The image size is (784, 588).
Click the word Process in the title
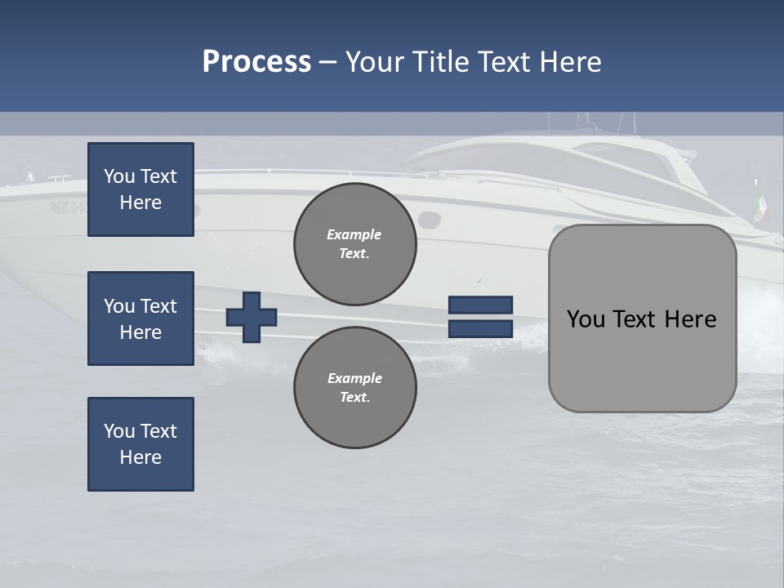pyautogui.click(x=256, y=62)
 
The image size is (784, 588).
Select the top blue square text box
pyautogui.click(x=140, y=189)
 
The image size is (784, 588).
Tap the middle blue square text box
pyautogui.click(x=140, y=318)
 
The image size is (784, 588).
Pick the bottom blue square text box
pyautogui.click(x=140, y=444)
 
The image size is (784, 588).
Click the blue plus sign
pyautogui.click(x=252, y=317)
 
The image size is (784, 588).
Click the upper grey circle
pyautogui.click(x=354, y=243)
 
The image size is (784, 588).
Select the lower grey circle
pyautogui.click(x=354, y=387)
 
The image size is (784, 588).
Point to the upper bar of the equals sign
pyautogui.click(x=480, y=305)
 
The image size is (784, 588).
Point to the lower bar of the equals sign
pyautogui.click(x=480, y=328)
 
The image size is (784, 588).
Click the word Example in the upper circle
pyautogui.click(x=354, y=234)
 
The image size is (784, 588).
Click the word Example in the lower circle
pyautogui.click(x=354, y=378)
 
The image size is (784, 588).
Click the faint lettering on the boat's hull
pyautogui.click(x=68, y=207)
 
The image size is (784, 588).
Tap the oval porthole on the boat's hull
pyautogui.click(x=427, y=220)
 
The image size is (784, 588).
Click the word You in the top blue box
pyautogui.click(x=119, y=176)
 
